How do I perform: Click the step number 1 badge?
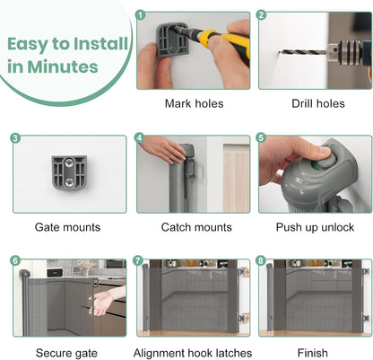[x=141, y=15]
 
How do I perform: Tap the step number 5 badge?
[x=261, y=138]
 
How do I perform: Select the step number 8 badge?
[x=261, y=260]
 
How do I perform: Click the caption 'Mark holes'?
[x=195, y=104]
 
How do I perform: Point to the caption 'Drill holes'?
[x=318, y=104]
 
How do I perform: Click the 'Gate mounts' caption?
[x=67, y=227]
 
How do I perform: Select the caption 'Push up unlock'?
[x=315, y=227]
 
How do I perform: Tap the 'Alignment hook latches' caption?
[x=193, y=353]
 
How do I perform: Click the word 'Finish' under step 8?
[x=313, y=353]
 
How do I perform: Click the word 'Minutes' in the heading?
[x=63, y=66]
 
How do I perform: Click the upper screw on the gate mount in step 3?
[x=69, y=163]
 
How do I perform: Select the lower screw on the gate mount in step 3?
[x=69, y=181]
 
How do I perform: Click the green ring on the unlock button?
[x=315, y=165]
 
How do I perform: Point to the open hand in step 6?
[x=100, y=303]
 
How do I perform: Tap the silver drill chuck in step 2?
[x=344, y=51]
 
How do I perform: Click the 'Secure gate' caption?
[x=66, y=353]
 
